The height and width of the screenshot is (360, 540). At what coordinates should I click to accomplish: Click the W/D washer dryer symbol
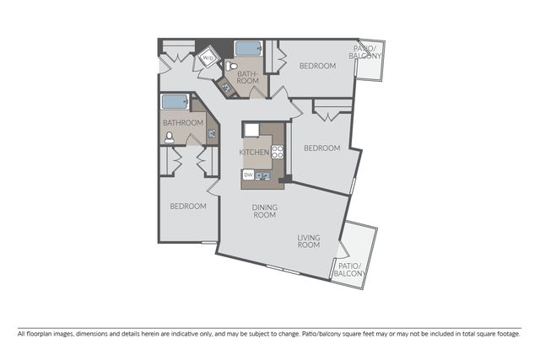pos(208,58)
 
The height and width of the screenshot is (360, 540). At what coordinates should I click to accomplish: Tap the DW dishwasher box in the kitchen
pos(248,175)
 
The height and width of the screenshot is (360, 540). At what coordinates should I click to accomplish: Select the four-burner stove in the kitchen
pos(278,152)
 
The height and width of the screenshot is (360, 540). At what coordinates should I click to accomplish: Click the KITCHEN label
pos(254,152)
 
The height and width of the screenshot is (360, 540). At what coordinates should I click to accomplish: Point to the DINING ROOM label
pos(264,211)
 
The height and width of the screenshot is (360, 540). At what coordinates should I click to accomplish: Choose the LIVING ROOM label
pos(309,241)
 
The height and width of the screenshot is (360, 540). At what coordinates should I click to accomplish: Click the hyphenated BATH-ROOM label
pos(247,78)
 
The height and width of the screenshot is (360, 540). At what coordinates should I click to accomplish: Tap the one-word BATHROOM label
pos(183,122)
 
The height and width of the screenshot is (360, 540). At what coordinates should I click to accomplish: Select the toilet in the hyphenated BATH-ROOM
pos(233,66)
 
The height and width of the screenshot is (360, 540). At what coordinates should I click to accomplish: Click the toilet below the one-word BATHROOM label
pos(169,137)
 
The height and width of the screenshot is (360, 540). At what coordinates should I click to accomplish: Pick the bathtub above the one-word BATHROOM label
pos(175,101)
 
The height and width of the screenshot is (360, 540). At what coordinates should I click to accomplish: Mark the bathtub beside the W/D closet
pos(248,49)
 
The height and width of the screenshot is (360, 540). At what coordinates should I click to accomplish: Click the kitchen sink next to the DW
pos(262,175)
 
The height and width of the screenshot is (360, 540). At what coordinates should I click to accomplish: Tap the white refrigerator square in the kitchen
pos(251,131)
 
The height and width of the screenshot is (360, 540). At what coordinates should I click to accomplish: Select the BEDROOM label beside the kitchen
pos(322,148)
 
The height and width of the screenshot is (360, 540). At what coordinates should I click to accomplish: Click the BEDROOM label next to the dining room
pos(188,207)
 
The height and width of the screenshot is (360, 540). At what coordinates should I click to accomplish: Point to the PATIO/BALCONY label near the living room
pos(349,270)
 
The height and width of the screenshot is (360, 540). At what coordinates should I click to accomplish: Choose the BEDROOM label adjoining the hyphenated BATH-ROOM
pos(317,66)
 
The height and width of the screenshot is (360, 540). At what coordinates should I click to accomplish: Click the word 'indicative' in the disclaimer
pos(185,334)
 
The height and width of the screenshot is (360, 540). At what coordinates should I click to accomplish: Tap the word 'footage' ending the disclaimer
pos(510,334)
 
